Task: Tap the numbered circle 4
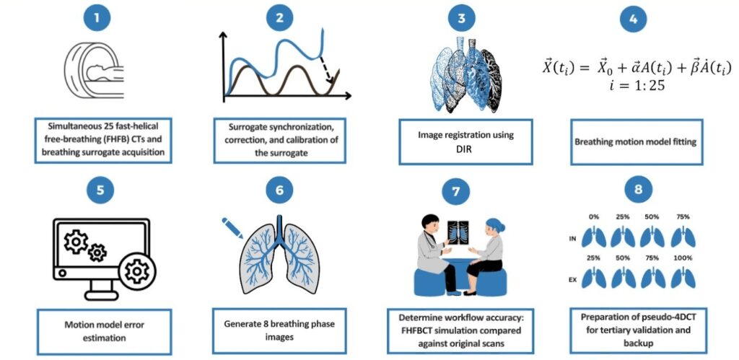click(x=633, y=20)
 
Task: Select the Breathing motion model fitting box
click(x=635, y=142)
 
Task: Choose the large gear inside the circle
click(x=136, y=271)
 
